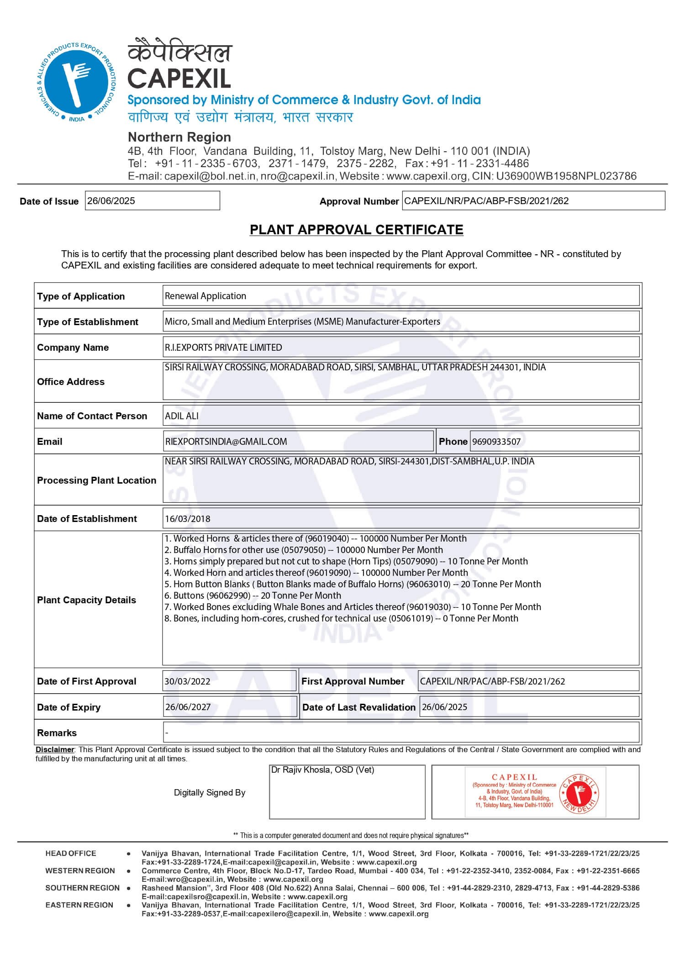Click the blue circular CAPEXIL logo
coord(76,83)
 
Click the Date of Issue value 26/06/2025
coord(111,201)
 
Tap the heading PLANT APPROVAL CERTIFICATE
coord(356,230)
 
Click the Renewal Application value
coord(205,296)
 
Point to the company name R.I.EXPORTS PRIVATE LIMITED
coord(223,348)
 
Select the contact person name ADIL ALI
coord(182,416)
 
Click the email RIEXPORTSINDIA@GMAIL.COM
coord(226,442)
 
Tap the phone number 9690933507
coord(496,442)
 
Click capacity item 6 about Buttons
coord(253,595)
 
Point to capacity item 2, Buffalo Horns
coord(304,550)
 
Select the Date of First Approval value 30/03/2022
coord(188,681)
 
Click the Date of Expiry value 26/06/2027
coord(188,707)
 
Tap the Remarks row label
coord(57,733)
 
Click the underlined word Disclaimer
coord(55,749)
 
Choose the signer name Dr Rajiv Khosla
coord(322,770)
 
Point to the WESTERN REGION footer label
coord(80,871)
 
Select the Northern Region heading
coord(179,137)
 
